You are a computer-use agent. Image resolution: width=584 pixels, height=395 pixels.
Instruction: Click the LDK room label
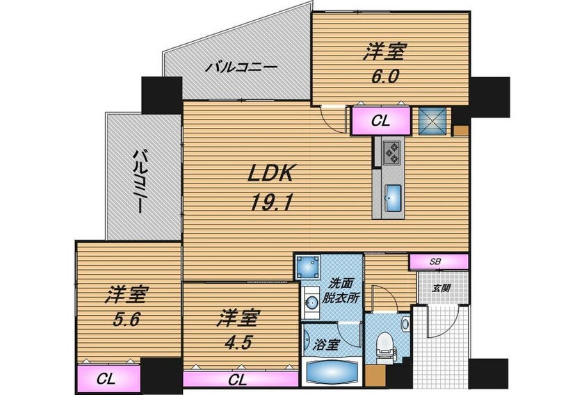pyautogui.click(x=270, y=173)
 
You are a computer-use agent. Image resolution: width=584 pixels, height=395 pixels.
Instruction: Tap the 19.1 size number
pyautogui.click(x=270, y=203)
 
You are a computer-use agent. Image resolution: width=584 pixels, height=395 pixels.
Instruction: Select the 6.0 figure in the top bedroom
pyautogui.click(x=384, y=76)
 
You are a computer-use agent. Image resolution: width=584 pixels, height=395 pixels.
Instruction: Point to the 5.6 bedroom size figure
pyautogui.click(x=127, y=319)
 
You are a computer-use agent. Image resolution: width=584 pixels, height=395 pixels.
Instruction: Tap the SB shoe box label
pyautogui.click(x=435, y=261)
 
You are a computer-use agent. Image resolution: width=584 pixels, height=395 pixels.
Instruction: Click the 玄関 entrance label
pyautogui.click(x=442, y=288)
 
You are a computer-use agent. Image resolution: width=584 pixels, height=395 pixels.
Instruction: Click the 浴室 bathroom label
pyautogui.click(x=325, y=345)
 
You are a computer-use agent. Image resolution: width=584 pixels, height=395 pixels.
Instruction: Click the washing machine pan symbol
pyautogui.click(x=307, y=267)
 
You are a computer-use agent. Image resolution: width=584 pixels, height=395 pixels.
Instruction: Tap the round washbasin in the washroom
pyautogui.click(x=311, y=303)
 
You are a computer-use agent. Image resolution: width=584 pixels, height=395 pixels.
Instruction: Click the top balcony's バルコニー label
pyautogui.click(x=242, y=67)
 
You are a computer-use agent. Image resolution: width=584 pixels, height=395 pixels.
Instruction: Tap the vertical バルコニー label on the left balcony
pyautogui.click(x=140, y=181)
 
